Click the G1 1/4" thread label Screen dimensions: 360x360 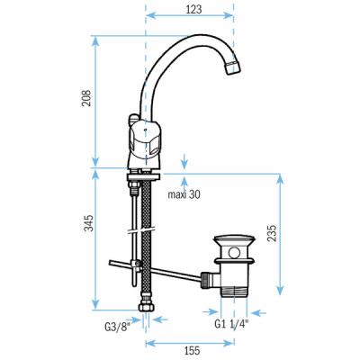coord(232,326)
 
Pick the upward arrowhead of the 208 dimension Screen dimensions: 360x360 coord(96,40)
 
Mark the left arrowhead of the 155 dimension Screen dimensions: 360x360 coord(150,342)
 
